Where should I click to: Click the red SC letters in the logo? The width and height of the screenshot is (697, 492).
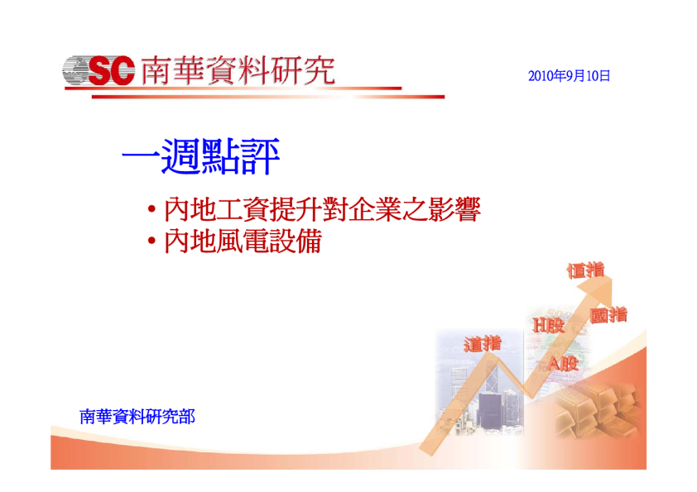click(x=111, y=70)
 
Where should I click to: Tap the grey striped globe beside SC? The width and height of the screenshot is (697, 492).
click(x=75, y=70)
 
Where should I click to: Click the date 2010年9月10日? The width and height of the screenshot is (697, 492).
click(x=569, y=76)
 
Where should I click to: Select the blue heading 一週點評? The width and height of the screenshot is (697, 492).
click(x=200, y=155)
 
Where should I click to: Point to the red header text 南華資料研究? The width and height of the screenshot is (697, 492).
click(x=238, y=70)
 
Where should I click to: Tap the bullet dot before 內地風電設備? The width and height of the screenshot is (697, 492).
click(x=152, y=241)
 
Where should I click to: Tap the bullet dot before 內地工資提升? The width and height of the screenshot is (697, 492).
click(x=152, y=208)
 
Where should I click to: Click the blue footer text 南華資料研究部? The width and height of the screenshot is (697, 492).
click(x=137, y=417)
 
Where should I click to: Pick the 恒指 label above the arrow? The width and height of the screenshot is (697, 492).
click(x=586, y=270)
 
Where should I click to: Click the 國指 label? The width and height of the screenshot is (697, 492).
click(x=608, y=315)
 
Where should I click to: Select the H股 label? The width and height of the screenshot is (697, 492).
click(x=549, y=325)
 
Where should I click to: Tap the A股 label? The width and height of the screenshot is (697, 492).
click(x=563, y=364)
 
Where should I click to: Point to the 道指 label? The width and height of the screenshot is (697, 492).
click(x=483, y=344)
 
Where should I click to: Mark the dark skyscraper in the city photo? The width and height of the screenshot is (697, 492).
click(x=489, y=411)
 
